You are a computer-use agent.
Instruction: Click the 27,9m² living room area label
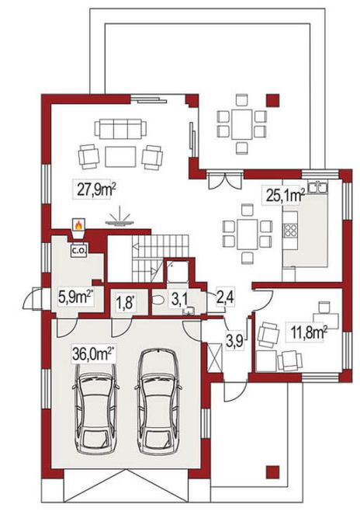[96, 189]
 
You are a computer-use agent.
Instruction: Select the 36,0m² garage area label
[92, 354]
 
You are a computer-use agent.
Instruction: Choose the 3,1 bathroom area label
[179, 300]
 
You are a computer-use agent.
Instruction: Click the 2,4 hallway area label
[225, 298]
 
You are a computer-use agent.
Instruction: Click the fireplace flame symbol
[78, 224]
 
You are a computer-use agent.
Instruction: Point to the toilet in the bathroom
[159, 300]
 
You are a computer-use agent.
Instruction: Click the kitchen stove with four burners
[290, 230]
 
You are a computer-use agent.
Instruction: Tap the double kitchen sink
[317, 188]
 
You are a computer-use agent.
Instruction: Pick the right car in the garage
[158, 401]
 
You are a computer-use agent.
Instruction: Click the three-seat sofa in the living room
[120, 128]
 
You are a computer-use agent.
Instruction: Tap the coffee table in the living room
[120, 157]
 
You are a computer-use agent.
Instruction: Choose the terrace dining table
[241, 123]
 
